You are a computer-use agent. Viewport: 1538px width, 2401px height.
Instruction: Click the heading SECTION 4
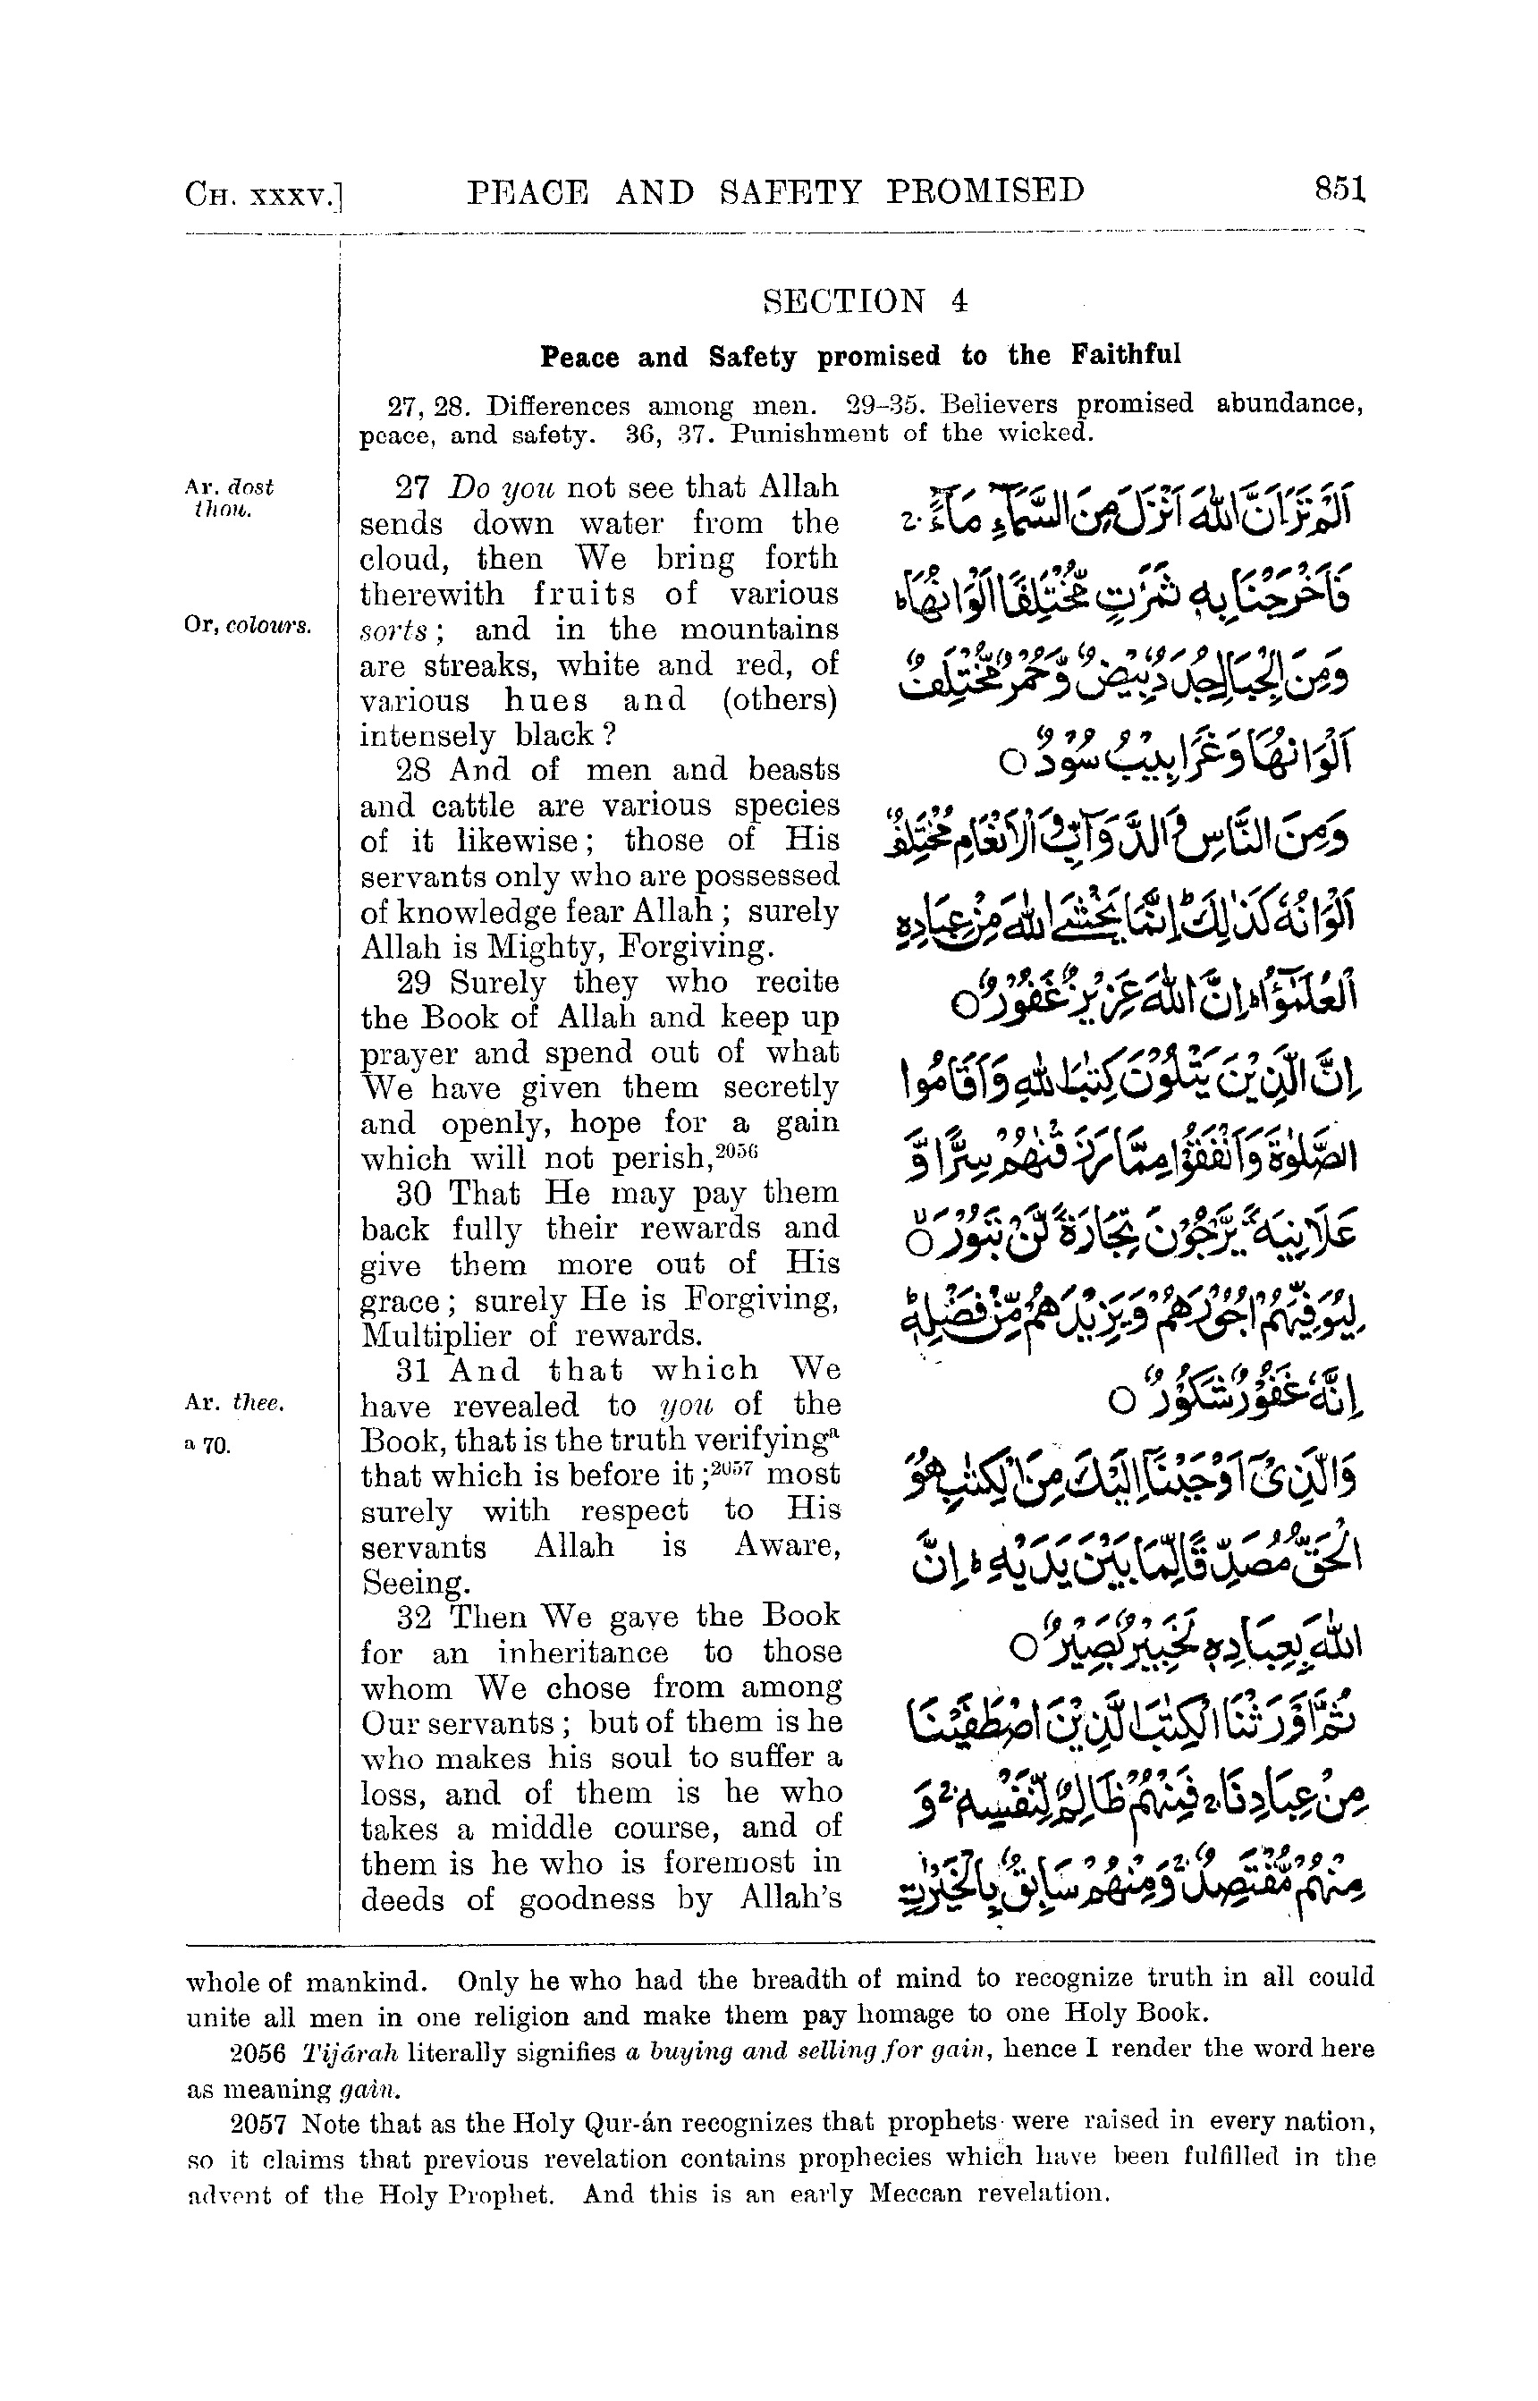[865, 301]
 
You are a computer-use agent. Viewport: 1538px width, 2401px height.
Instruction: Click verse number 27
[412, 488]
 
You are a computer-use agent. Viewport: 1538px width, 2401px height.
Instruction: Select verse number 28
[413, 770]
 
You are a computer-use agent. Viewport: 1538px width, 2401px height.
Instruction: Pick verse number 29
[413, 982]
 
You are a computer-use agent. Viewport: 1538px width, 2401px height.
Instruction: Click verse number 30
[413, 1194]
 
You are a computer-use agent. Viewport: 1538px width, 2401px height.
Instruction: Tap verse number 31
[413, 1370]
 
